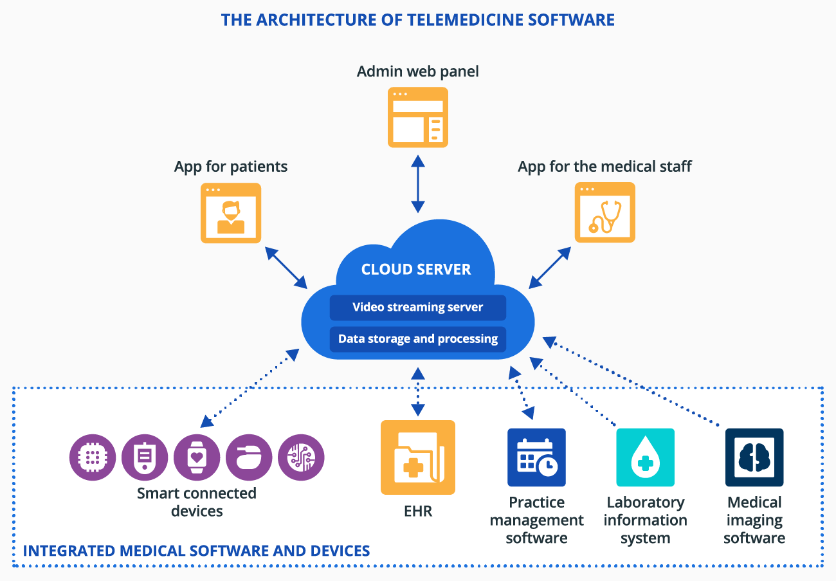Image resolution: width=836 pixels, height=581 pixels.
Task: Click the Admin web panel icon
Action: click(x=418, y=117)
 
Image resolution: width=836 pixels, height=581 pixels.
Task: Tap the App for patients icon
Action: click(x=231, y=213)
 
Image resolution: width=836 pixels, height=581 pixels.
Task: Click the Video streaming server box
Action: click(x=417, y=308)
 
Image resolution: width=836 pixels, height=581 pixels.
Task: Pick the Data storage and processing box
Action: click(x=417, y=339)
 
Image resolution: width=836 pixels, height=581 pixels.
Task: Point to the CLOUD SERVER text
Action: click(x=416, y=270)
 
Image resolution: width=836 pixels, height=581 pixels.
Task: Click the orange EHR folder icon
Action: click(x=418, y=457)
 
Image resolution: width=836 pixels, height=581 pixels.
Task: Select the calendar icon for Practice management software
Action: click(x=536, y=457)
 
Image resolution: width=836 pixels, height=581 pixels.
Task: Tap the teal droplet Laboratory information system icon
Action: click(x=645, y=457)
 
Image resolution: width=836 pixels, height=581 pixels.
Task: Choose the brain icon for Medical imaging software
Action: click(x=754, y=457)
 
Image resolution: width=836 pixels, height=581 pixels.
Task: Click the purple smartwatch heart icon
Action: click(x=197, y=457)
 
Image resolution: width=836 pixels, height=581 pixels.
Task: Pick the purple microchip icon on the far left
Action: click(x=93, y=457)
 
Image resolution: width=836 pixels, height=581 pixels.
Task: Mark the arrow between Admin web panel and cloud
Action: click(x=418, y=185)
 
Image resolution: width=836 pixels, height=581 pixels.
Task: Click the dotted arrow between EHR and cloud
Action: click(x=418, y=391)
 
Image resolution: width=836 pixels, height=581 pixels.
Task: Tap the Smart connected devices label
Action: click(x=197, y=502)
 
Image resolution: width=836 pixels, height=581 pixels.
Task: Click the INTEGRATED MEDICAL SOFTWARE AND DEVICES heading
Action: click(x=196, y=551)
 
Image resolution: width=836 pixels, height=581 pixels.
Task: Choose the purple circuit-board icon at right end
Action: click(x=301, y=457)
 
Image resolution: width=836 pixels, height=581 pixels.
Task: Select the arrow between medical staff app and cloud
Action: click(x=550, y=267)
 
